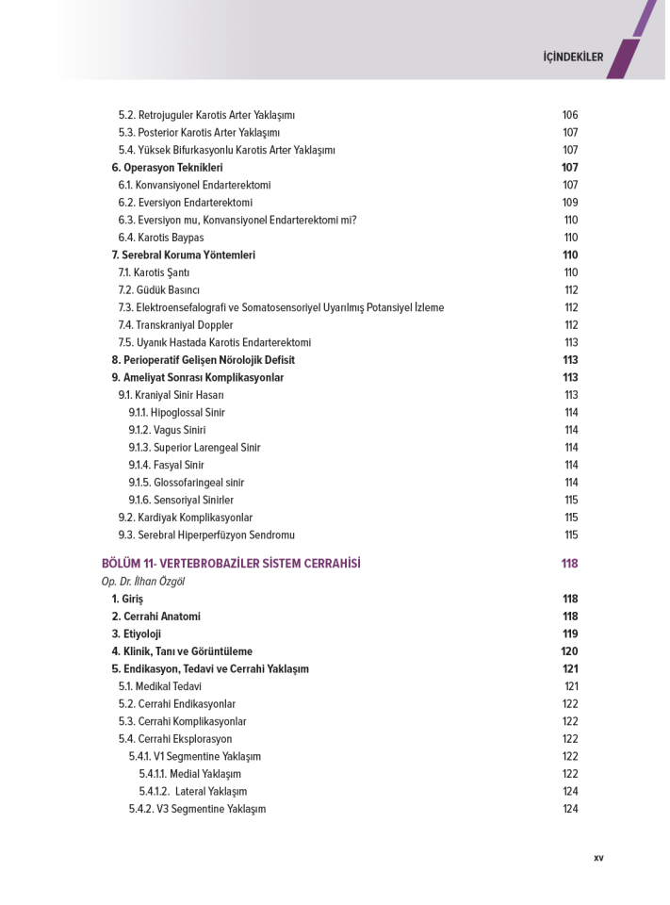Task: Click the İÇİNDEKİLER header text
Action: pos(573,57)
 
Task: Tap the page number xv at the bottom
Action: pos(598,858)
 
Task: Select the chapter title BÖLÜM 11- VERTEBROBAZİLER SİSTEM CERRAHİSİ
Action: pos(231,564)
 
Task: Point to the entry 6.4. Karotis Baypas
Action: pos(160,238)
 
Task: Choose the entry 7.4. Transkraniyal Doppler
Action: pos(175,325)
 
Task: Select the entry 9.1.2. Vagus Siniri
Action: pos(167,430)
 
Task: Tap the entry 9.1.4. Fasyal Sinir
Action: pos(166,465)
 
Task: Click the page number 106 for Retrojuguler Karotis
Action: pos(570,115)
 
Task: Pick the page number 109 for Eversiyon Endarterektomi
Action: pos(570,203)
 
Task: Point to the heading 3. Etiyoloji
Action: pos(137,634)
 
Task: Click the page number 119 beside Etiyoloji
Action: pos(570,634)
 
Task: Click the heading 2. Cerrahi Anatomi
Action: pos(155,617)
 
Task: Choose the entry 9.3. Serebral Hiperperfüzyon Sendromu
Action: pos(206,535)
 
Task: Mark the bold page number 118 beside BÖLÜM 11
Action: pos(569,564)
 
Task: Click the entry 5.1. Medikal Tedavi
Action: pos(159,687)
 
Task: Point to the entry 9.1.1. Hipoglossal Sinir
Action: pos(176,413)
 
